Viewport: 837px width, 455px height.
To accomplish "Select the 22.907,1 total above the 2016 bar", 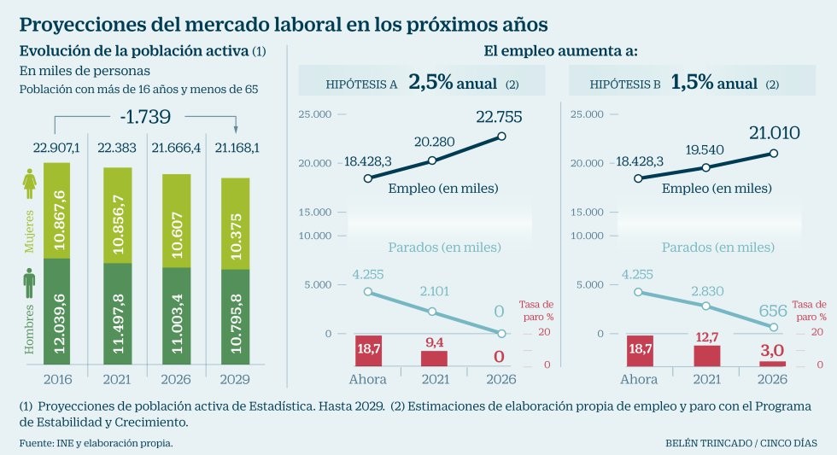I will pos(56,148).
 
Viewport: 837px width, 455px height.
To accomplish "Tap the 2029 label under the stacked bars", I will pos(236,379).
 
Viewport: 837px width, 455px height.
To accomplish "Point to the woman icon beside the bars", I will pos(28,182).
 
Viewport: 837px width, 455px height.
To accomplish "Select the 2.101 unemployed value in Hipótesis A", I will pos(433,291).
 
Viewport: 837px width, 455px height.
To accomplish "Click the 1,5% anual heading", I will pos(714,83).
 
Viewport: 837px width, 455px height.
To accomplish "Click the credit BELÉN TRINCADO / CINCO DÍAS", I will pos(740,443).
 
